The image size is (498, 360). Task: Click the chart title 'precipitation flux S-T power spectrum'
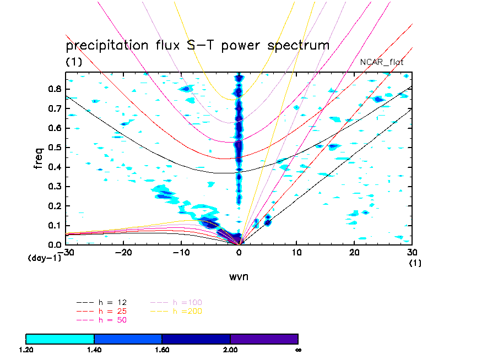[x=197, y=45]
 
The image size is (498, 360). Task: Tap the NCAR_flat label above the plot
[x=382, y=62]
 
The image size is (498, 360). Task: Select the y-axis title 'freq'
[x=39, y=157]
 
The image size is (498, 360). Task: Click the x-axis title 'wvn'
[x=239, y=276]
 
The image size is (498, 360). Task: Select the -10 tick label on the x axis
[x=181, y=252]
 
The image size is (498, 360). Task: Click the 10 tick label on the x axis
[x=297, y=252]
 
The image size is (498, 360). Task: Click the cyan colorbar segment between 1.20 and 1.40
[x=60, y=339]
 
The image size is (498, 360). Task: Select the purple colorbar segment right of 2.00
[x=264, y=339]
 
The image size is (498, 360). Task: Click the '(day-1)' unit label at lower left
[x=44, y=258]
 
